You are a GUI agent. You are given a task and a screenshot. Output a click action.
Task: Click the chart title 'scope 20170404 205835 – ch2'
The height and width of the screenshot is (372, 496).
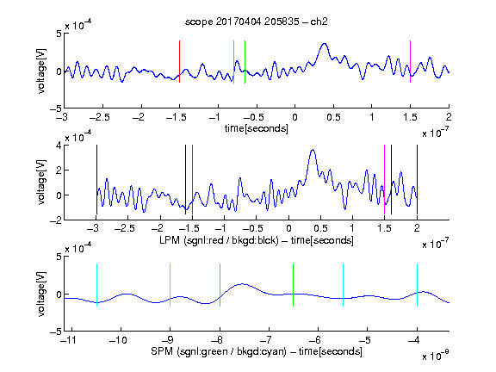click(x=257, y=22)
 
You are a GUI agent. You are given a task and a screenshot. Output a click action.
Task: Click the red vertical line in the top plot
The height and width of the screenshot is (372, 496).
click(x=179, y=62)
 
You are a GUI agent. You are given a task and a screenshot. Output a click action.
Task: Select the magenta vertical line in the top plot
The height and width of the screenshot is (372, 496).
click(x=410, y=62)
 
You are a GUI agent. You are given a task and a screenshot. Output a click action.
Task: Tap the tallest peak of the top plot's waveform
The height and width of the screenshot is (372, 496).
click(x=325, y=44)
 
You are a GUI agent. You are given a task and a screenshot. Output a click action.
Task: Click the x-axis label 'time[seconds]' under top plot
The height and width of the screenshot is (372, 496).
click(x=257, y=128)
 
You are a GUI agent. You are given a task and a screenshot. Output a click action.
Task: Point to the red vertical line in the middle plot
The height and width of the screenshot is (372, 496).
click(x=192, y=180)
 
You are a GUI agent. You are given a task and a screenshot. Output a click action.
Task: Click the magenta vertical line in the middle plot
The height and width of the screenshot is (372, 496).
click(x=384, y=180)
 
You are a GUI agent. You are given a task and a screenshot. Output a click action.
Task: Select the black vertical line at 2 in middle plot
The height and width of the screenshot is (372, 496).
click(x=417, y=180)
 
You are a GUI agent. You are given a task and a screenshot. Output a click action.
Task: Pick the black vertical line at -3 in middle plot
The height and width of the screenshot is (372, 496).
click(x=96, y=180)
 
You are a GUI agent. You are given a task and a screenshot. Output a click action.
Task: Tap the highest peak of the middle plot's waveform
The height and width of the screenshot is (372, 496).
click(x=313, y=150)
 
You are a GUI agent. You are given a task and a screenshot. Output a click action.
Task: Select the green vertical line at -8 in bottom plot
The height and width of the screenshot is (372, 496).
click(x=220, y=285)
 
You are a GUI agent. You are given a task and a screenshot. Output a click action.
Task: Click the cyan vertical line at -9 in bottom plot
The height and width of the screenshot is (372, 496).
click(x=170, y=285)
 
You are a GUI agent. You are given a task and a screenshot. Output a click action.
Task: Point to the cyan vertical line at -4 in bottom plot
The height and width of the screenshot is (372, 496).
click(x=417, y=285)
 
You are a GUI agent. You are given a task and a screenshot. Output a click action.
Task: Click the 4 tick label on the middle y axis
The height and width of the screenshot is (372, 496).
click(x=59, y=146)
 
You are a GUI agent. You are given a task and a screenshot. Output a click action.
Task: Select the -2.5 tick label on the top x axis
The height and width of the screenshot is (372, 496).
click(x=100, y=117)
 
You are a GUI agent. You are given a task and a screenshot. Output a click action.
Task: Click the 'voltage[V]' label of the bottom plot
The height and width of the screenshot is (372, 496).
click(x=41, y=294)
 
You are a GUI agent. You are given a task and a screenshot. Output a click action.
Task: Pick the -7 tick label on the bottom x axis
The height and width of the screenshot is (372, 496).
click(x=266, y=340)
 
